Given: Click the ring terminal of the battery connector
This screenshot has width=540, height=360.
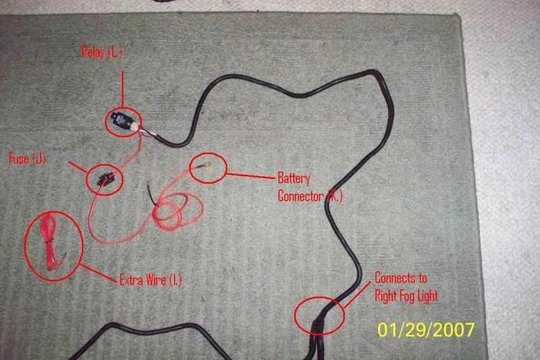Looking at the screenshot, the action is coord(208,166).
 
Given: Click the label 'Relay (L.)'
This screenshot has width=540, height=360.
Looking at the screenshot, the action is coord(102,53).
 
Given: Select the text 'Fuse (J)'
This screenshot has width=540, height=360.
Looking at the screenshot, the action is coord(27,159).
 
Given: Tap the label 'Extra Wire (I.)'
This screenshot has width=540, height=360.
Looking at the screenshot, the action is coord(151,280).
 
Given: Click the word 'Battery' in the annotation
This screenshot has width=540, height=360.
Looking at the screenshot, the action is coord(294,178).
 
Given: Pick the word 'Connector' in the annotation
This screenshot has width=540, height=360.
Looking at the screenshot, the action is coord(300,196).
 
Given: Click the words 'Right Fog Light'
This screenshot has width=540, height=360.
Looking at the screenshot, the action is coord(406,296).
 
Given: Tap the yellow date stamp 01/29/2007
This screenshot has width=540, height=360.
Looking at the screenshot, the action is coord(426,330).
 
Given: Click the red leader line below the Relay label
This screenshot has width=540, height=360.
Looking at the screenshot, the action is coord(122,91).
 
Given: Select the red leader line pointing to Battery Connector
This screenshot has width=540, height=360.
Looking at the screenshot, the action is coord(251,176).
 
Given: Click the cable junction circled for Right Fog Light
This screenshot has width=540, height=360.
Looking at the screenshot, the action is coord(320,315).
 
